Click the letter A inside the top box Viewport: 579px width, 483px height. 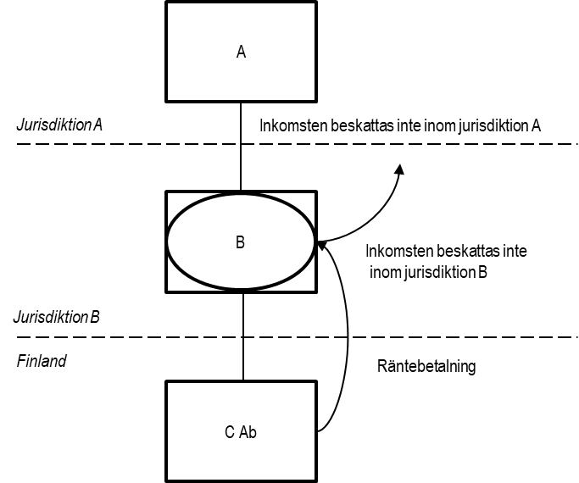[x=241, y=52]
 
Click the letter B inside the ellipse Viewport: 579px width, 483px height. [x=240, y=242]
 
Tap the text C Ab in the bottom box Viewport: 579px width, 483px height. [x=241, y=432]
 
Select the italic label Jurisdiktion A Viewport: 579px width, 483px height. [x=59, y=125]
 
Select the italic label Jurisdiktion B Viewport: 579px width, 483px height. [x=57, y=317]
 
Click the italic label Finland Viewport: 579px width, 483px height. [x=42, y=360]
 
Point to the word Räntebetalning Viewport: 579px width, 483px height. [x=426, y=366]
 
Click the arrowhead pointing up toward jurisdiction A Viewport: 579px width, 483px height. [x=400, y=169]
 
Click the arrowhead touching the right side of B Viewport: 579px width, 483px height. [x=322, y=245]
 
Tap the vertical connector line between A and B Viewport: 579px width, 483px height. [x=241, y=146]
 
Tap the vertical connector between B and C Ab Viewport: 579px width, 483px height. [x=243, y=336]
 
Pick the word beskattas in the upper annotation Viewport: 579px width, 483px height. [x=362, y=125]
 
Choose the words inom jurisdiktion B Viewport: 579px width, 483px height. [x=428, y=272]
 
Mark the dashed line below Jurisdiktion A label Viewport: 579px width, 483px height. [x=298, y=143]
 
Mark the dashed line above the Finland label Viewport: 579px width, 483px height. [x=298, y=337]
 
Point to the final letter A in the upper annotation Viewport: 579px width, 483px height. [x=536, y=125]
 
